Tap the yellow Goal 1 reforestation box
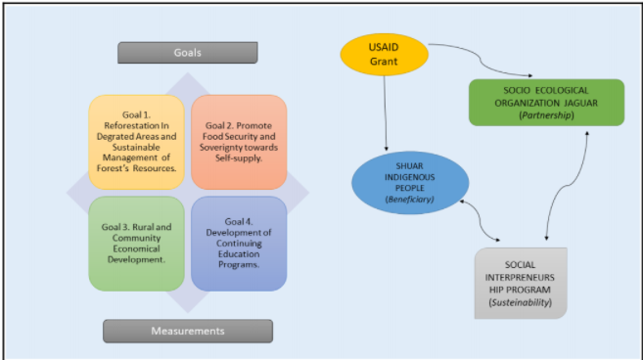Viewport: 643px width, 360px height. pyautogui.click(x=136, y=142)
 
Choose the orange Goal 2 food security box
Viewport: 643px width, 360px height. pyautogui.click(x=239, y=142)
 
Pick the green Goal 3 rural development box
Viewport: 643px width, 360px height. pyautogui.click(x=136, y=243)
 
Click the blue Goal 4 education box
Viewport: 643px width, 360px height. pyautogui.click(x=239, y=243)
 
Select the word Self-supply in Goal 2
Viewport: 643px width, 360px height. pyautogui.click(x=239, y=157)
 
